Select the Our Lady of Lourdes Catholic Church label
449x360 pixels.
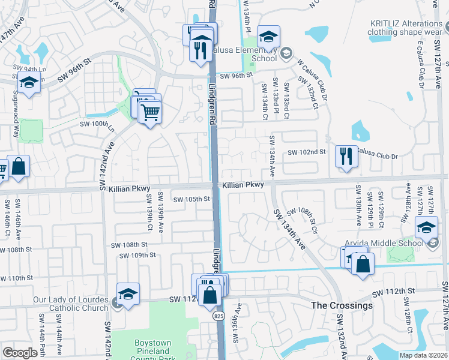coord(54,304)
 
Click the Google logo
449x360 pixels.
coord(20,353)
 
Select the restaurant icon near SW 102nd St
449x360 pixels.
coord(346,157)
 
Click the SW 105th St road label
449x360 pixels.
coord(191,199)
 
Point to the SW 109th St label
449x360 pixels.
coord(137,256)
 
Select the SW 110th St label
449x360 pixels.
coord(16,278)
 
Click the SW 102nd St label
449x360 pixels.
coord(306,152)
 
